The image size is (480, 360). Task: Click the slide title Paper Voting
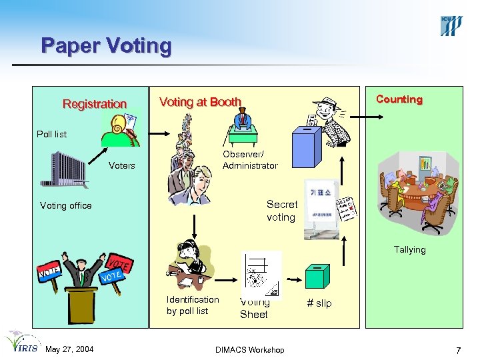[106, 46]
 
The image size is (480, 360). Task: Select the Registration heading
[94, 104]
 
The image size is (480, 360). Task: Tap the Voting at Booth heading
[200, 102]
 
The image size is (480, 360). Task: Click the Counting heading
[399, 99]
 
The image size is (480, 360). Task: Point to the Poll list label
[51, 134]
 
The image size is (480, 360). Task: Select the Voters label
[121, 165]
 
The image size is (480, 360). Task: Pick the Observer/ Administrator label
[249, 160]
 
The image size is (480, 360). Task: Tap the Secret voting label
[281, 211]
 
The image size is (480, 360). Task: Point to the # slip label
[319, 303]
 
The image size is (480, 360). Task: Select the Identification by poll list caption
[192, 305]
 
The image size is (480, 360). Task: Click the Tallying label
[409, 249]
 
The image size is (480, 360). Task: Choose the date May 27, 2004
[69, 350]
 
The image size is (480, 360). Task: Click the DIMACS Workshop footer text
[250, 350]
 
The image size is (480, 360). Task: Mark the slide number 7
[458, 350]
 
